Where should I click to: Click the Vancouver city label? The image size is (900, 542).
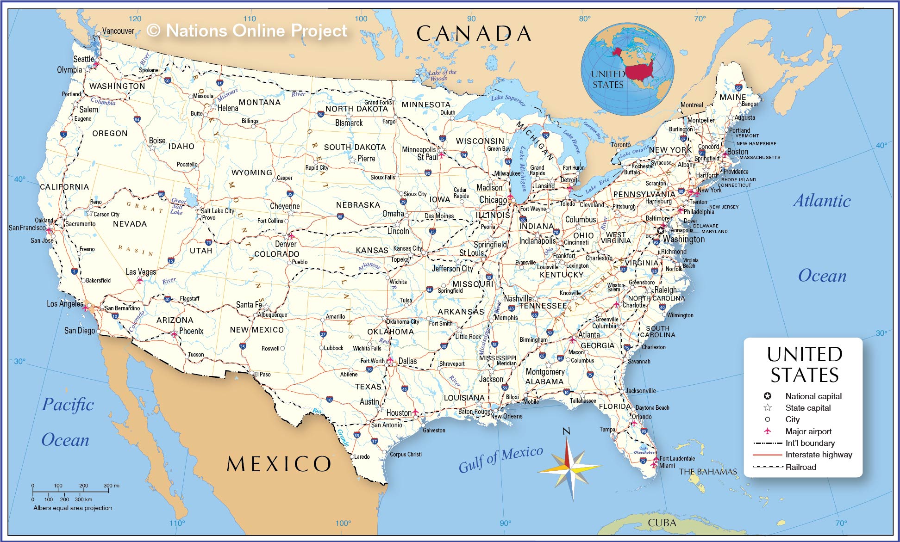(x=118, y=31)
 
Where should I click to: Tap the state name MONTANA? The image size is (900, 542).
(x=259, y=102)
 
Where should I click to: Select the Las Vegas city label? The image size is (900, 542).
(x=141, y=272)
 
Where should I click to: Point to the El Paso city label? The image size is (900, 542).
(x=262, y=374)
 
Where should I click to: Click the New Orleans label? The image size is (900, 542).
(x=506, y=416)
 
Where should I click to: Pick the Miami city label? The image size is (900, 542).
(x=667, y=466)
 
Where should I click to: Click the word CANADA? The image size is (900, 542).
(x=473, y=33)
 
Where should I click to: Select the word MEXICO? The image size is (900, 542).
(x=279, y=464)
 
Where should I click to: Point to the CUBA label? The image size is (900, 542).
(x=662, y=523)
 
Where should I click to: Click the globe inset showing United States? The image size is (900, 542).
(x=627, y=69)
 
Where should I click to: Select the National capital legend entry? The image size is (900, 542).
(x=813, y=396)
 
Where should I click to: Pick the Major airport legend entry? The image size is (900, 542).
(x=808, y=431)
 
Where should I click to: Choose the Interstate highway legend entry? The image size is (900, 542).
(x=818, y=455)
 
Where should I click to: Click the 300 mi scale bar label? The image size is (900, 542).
(x=111, y=486)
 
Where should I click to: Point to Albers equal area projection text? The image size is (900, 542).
(x=73, y=508)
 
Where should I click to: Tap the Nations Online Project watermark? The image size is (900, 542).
(x=247, y=31)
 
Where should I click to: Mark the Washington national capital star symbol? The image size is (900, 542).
(x=661, y=230)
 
